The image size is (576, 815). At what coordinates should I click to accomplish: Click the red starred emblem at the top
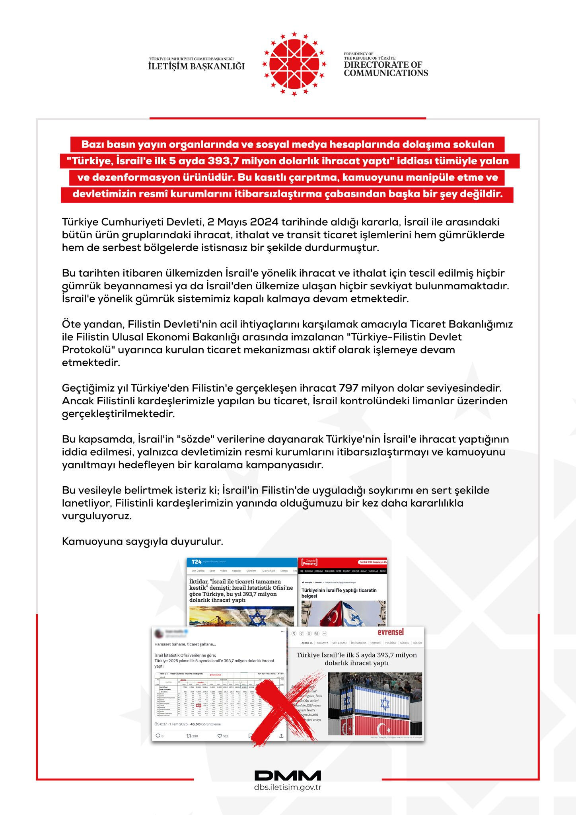coord(294,64)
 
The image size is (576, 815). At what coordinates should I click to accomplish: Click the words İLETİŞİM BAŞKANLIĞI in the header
coord(197,66)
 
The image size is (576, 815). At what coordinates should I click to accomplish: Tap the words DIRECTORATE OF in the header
coord(383,65)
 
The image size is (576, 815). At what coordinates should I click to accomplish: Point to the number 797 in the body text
coord(348,388)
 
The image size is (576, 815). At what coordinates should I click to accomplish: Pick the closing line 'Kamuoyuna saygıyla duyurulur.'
coord(142,542)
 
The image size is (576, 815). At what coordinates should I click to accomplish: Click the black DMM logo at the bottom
coord(288,776)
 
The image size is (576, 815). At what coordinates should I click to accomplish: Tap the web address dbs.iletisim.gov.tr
coord(288,788)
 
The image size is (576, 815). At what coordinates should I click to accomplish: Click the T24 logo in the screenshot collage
coord(197,562)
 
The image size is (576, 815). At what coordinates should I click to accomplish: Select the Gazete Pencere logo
coord(309,562)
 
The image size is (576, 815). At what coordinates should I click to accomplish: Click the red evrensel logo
coord(390,632)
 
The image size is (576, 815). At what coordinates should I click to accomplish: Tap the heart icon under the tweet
coord(220,736)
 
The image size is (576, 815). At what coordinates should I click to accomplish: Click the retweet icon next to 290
coord(189,736)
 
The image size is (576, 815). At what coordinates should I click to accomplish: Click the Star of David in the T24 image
coord(257,619)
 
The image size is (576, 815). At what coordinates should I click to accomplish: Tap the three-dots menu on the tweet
coord(282,632)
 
